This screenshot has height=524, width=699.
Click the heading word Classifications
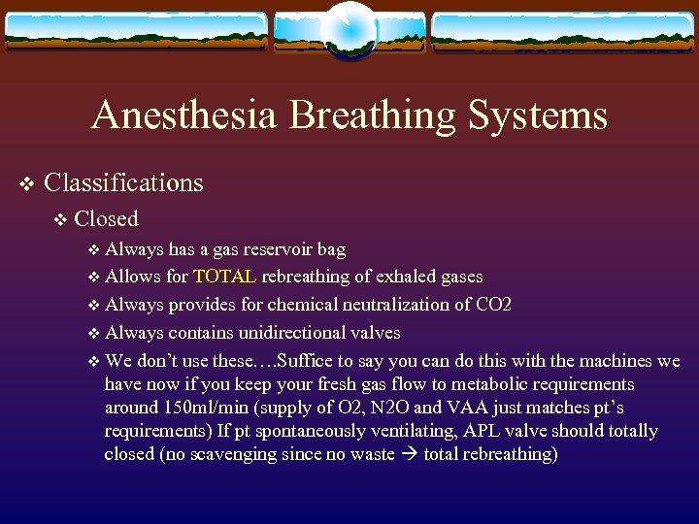click(x=123, y=182)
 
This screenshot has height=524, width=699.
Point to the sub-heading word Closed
click(x=106, y=219)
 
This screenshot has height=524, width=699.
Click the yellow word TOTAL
click(x=224, y=277)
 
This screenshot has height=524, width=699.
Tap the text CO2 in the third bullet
click(x=493, y=305)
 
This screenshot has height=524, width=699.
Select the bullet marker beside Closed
click(x=61, y=220)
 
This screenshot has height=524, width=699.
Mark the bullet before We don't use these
click(x=93, y=362)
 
